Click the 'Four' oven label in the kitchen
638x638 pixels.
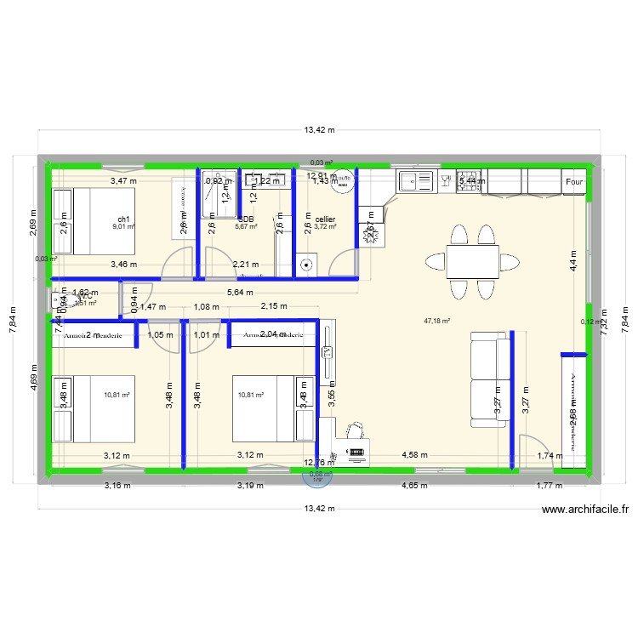point(574,182)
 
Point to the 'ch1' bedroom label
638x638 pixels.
point(124,219)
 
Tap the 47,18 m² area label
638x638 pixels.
point(436,322)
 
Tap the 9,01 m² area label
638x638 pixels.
point(124,227)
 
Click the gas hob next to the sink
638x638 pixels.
point(469,180)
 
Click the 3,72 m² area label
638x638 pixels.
point(325,226)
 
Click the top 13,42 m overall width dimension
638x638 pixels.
point(319,130)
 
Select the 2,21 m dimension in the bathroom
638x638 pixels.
point(246,265)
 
